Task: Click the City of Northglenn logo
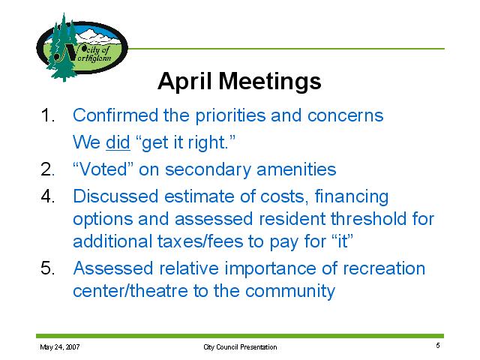(x=82, y=47)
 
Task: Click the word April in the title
(x=184, y=82)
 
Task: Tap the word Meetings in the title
(x=270, y=82)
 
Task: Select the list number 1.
(x=47, y=115)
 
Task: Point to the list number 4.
(x=48, y=196)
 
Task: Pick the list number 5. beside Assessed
(x=48, y=268)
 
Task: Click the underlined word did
(x=118, y=142)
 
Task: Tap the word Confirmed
(x=115, y=115)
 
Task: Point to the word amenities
(x=296, y=169)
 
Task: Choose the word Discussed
(x=115, y=196)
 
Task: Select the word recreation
(x=384, y=268)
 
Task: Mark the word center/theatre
(x=130, y=291)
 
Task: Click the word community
(x=290, y=292)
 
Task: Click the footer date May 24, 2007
(x=60, y=346)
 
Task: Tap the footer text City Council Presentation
(x=240, y=346)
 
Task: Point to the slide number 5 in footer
(x=438, y=345)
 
